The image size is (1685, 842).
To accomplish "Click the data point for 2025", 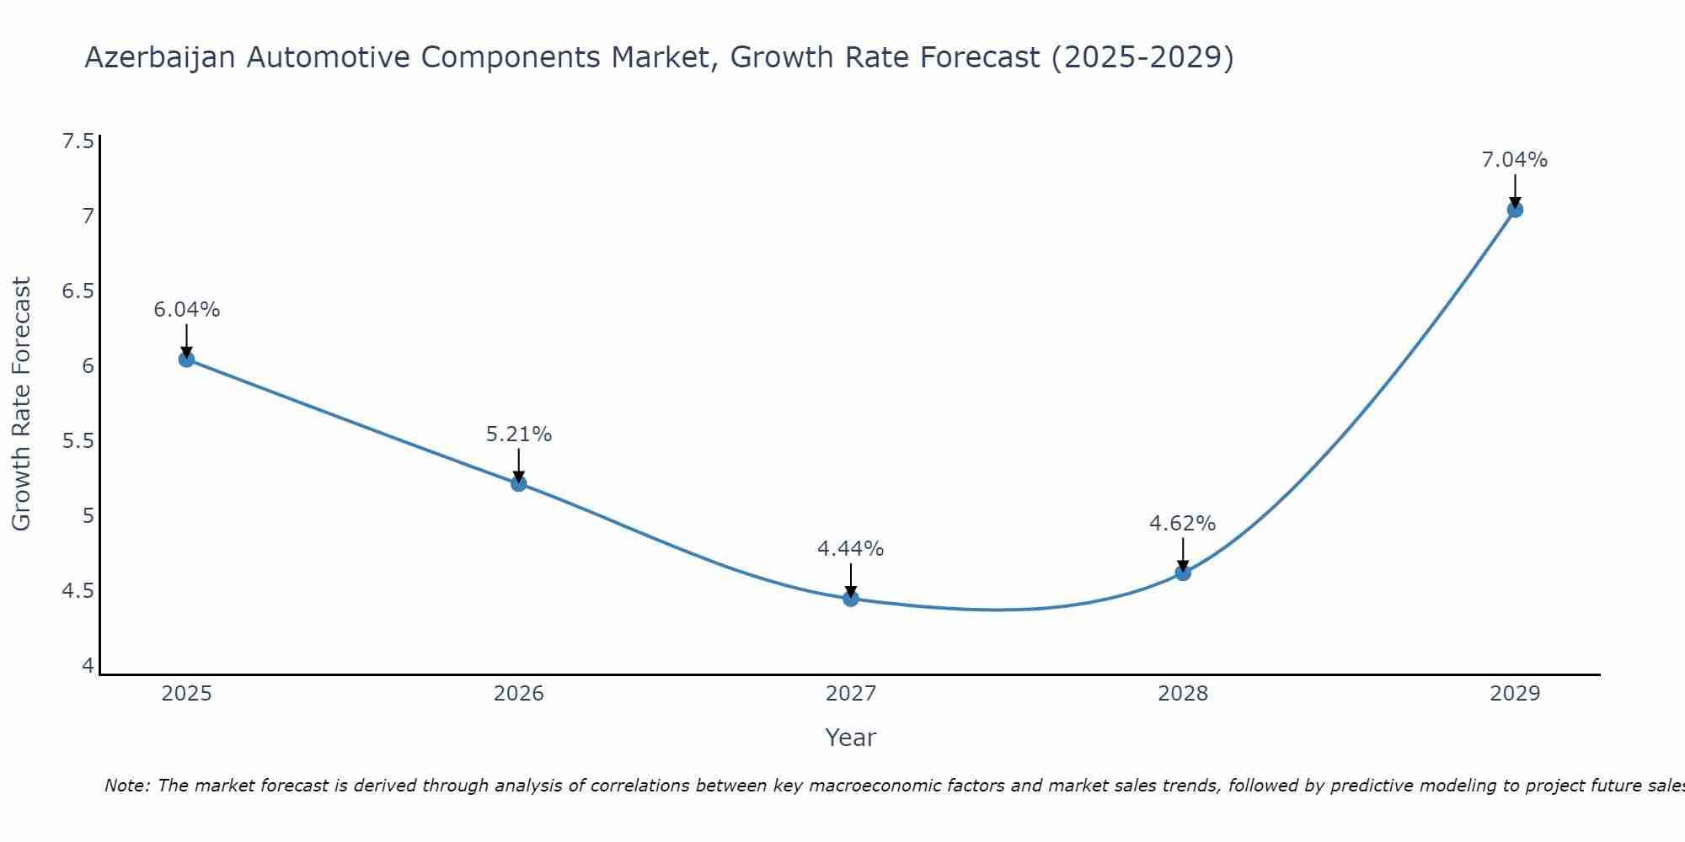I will click(186, 360).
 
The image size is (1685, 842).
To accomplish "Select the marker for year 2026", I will click(518, 483).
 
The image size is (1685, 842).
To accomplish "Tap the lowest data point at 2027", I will click(850, 599).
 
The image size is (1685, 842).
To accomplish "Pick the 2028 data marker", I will click(1182, 573).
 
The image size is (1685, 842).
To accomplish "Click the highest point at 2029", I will click(1514, 210).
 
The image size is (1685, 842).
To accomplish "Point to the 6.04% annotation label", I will click(186, 310).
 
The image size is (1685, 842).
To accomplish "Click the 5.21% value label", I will click(518, 434).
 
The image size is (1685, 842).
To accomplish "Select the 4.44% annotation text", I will click(850, 549).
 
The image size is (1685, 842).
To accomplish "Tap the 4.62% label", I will click(1182, 524).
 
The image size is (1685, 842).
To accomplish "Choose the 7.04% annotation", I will click(1514, 160).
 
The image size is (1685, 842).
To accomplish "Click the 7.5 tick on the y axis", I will click(78, 141).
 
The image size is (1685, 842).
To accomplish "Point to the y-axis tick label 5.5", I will click(78, 441).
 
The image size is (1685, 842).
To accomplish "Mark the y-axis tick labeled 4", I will click(88, 666).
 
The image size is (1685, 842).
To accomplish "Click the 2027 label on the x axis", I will click(850, 694).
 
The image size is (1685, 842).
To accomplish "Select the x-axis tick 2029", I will click(1514, 694).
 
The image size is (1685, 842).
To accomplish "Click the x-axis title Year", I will click(850, 738).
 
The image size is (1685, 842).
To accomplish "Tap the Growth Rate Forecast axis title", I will click(22, 404).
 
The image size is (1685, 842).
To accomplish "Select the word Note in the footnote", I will click(126, 786).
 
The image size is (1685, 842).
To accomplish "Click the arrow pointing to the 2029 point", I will click(1514, 189).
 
